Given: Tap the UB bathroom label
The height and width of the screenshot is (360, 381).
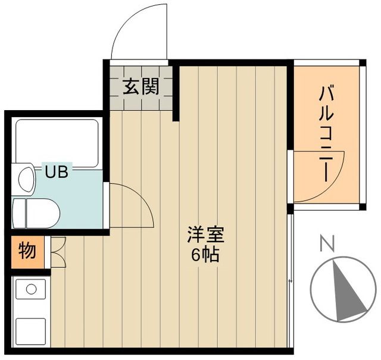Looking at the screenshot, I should (57, 173).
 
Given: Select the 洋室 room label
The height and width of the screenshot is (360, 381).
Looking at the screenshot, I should (205, 234).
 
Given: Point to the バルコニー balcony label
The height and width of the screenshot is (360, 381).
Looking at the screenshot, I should (326, 133).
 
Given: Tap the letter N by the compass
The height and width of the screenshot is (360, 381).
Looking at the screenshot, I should (326, 243).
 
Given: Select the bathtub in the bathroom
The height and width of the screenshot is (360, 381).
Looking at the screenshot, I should (57, 143).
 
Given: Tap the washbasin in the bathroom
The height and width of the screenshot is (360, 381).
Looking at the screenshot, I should (26, 179).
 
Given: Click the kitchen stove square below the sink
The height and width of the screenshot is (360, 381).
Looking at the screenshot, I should (30, 331).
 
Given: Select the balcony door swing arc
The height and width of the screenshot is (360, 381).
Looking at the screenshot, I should (318, 177).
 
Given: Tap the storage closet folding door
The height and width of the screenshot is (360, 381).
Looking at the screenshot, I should (58, 252).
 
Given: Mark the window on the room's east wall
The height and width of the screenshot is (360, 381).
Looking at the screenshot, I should (290, 280).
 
